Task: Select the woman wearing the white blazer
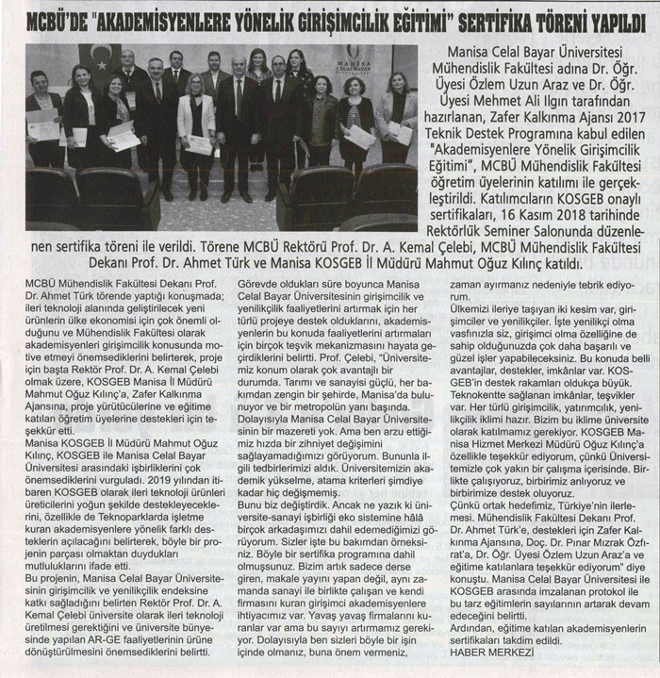[x=196, y=118]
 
